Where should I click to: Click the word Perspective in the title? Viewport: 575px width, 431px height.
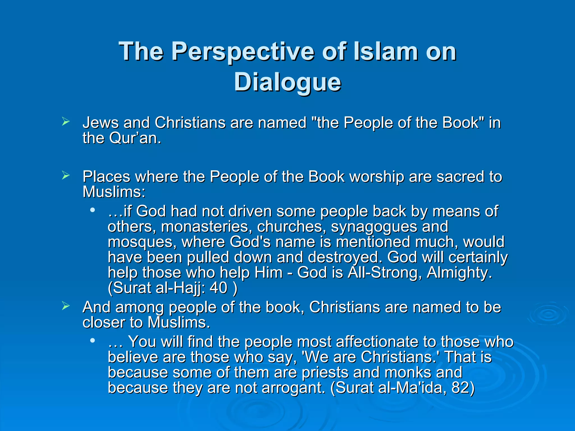click(x=243, y=52)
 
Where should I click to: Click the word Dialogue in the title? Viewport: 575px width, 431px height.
click(x=287, y=82)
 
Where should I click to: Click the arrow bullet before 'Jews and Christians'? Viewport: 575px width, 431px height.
click(x=66, y=122)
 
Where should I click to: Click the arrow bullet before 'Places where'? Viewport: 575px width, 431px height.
click(x=66, y=176)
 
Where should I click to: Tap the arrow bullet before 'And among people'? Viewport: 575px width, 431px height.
click(x=66, y=306)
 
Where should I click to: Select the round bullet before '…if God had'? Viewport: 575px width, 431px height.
click(x=92, y=210)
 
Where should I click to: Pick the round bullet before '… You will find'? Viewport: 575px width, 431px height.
click(x=92, y=340)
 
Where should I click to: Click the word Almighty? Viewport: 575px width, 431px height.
click(x=459, y=273)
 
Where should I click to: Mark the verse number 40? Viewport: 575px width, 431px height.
click(x=218, y=288)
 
